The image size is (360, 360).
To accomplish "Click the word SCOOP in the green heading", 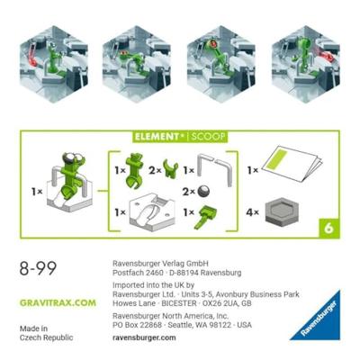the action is (x=208, y=137).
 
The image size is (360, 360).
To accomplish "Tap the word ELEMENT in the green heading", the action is (x=157, y=137).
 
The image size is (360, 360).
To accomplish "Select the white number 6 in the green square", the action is (x=328, y=229).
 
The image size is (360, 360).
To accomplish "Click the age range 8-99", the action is (x=38, y=268).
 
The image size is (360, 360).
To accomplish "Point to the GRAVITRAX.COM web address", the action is (x=58, y=302).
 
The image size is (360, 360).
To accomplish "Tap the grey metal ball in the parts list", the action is (x=203, y=192).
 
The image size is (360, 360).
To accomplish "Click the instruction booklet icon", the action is (x=292, y=163).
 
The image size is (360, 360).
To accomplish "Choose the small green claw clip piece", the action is (x=170, y=169).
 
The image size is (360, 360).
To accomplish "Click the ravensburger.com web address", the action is (x=144, y=337).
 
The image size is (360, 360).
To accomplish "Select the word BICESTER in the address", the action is (x=179, y=303).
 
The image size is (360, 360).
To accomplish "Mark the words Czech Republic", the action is (x=46, y=337).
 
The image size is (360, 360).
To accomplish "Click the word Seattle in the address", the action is (x=179, y=325).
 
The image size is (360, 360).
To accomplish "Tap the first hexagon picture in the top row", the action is (x=54, y=65).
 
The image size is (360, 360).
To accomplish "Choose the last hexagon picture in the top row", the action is (x=306, y=65).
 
